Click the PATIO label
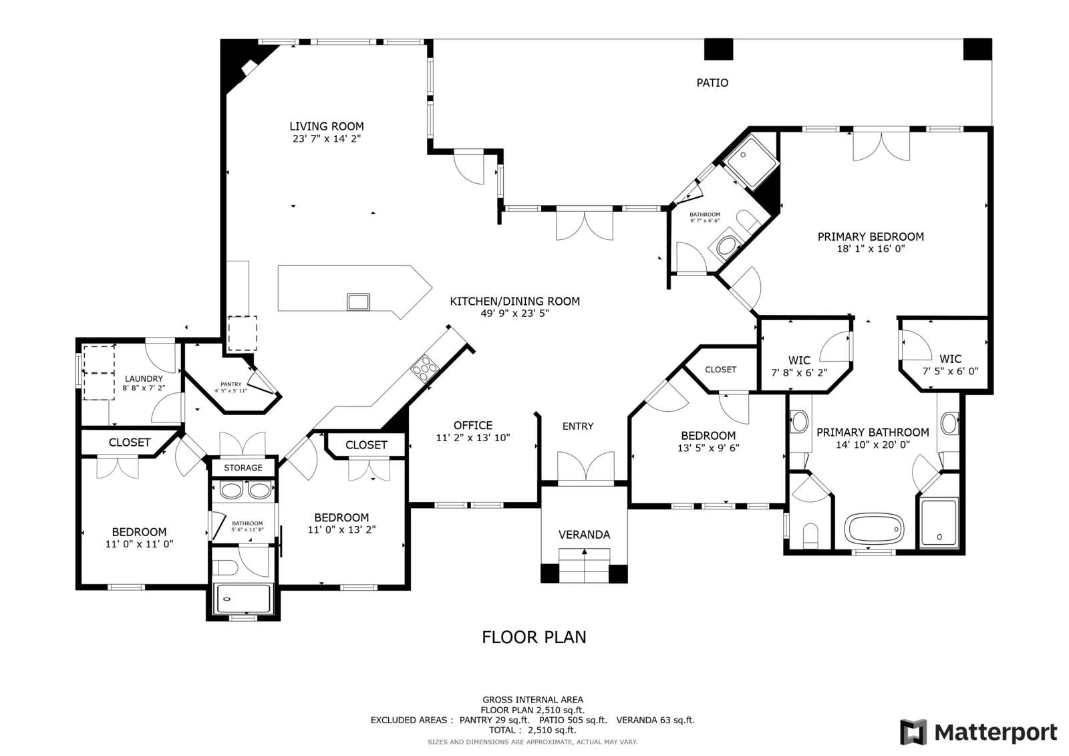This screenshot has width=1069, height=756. [712, 83]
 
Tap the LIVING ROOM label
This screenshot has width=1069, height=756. [327, 126]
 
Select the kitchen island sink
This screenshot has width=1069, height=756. [358, 302]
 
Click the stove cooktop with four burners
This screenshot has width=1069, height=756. [425, 369]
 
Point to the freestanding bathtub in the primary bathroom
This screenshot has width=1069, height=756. [875, 529]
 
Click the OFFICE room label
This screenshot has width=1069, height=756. [473, 426]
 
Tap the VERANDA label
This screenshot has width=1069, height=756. [584, 535]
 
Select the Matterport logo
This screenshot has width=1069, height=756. [979, 732]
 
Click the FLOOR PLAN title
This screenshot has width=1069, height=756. [534, 637]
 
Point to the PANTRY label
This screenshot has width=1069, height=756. [231, 384]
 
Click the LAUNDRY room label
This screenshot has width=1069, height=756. [144, 379]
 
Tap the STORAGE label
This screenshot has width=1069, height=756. [243, 467]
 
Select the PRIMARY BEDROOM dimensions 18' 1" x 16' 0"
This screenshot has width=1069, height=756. [871, 249]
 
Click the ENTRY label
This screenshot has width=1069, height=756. [578, 426]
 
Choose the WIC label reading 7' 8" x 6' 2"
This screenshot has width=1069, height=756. [799, 366]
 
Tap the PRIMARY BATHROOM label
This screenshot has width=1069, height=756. [873, 432]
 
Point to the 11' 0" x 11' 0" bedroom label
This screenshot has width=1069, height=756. [140, 537]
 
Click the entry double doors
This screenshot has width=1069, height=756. [586, 469]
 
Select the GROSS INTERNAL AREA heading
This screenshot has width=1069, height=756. [532, 700]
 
